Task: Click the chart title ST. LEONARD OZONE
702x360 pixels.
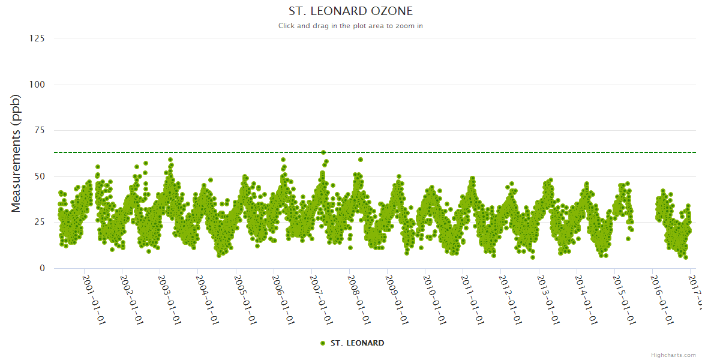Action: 350,11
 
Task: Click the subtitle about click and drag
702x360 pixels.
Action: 350,26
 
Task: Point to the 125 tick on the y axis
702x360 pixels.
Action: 37,38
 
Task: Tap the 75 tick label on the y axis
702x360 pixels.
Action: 39,130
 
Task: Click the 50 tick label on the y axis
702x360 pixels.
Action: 39,176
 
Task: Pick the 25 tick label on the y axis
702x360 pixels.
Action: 39,222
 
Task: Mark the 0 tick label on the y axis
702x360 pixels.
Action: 41,268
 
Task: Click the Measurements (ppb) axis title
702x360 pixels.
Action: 16,153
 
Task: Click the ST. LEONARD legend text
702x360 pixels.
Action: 357,343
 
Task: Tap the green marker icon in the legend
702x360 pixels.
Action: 323,343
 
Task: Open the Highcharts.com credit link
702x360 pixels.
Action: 673,355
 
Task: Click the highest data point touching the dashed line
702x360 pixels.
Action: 323,152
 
